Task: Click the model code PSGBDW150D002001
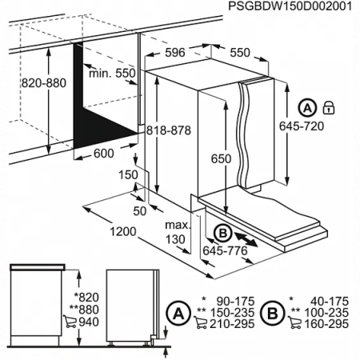tap(290, 8)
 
